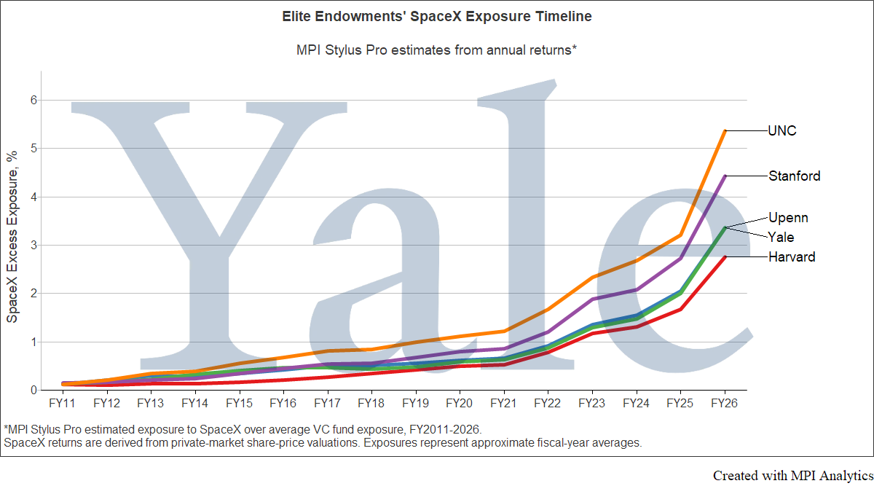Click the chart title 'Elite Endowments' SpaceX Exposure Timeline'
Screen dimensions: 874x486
[436, 17]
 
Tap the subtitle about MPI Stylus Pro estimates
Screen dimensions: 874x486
[436, 50]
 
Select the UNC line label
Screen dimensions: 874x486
[782, 130]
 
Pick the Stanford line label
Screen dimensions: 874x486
[795, 176]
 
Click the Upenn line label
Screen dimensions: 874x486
[788, 218]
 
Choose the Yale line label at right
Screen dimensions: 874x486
[781, 238]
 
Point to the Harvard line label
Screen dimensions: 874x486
[792, 257]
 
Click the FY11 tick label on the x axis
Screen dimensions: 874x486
[62, 403]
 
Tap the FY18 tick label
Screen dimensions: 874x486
[371, 403]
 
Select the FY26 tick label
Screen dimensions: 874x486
[725, 403]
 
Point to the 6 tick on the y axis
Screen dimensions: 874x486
[34, 101]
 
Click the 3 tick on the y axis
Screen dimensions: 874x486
[34, 245]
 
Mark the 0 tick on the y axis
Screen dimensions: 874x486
[34, 390]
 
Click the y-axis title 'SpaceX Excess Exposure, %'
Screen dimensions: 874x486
[12, 237]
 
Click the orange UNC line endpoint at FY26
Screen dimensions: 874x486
[725, 130]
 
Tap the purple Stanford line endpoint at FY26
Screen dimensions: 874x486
[725, 176]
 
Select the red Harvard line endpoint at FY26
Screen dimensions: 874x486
[725, 257]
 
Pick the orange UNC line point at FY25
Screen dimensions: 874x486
[680, 235]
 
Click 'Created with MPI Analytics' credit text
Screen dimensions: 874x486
[793, 476]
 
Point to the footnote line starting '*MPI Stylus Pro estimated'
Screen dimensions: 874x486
[243, 430]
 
